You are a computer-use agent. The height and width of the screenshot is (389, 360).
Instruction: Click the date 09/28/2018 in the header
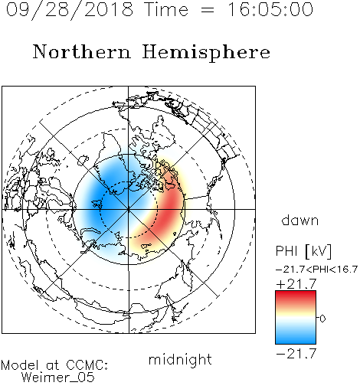[x=70, y=10]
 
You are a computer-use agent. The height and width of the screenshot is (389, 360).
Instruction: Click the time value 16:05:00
[x=270, y=9]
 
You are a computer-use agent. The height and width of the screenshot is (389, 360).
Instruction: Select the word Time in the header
[x=166, y=9]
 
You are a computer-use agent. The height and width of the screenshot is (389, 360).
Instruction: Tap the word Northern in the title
[x=82, y=51]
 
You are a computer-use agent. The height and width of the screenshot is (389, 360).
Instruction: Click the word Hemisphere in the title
[x=206, y=53]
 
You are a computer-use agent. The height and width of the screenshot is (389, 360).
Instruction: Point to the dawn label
[x=300, y=221]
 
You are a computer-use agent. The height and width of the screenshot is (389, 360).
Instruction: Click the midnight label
[x=180, y=359]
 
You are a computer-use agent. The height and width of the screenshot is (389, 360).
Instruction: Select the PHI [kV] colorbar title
[x=303, y=251]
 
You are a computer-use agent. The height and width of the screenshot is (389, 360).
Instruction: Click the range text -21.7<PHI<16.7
[x=316, y=270]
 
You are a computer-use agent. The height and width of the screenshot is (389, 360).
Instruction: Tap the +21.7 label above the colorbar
[x=296, y=284]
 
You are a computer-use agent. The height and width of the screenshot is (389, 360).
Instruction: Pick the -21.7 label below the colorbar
[x=296, y=354]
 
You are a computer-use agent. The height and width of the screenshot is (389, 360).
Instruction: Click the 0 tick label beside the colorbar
[x=322, y=319]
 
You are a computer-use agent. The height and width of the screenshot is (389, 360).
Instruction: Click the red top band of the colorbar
[x=296, y=296]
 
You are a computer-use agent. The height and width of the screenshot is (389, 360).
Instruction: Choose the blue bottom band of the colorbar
[x=296, y=338]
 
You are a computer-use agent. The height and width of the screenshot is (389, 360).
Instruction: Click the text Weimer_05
[x=58, y=378]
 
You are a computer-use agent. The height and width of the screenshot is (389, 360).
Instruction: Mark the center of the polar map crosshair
[x=129, y=209]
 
